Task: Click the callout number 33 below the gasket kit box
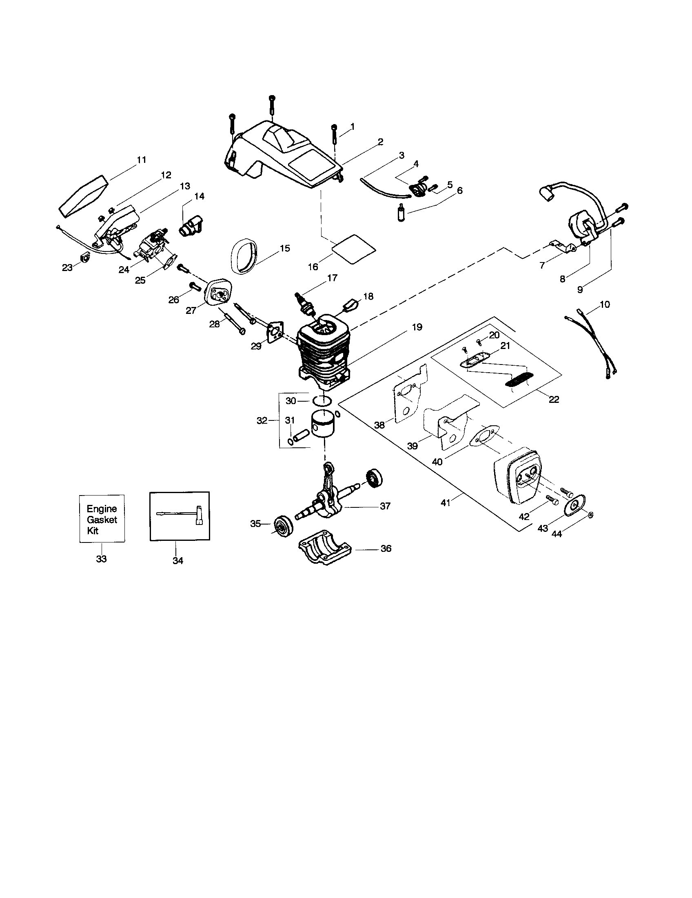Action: [x=101, y=559]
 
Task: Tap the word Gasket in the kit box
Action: [x=102, y=520]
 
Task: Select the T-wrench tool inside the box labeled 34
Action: [x=181, y=514]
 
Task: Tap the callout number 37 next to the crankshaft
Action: [x=385, y=506]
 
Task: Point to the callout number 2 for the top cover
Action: [x=380, y=142]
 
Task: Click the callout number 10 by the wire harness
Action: [x=605, y=305]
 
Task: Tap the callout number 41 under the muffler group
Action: [x=445, y=502]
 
